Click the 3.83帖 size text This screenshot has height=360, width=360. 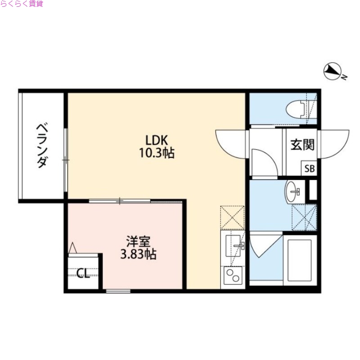click(x=138, y=255)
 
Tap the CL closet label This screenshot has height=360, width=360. click(x=83, y=273)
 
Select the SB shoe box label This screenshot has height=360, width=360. click(x=310, y=169)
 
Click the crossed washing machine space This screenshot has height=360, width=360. click(x=304, y=216)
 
